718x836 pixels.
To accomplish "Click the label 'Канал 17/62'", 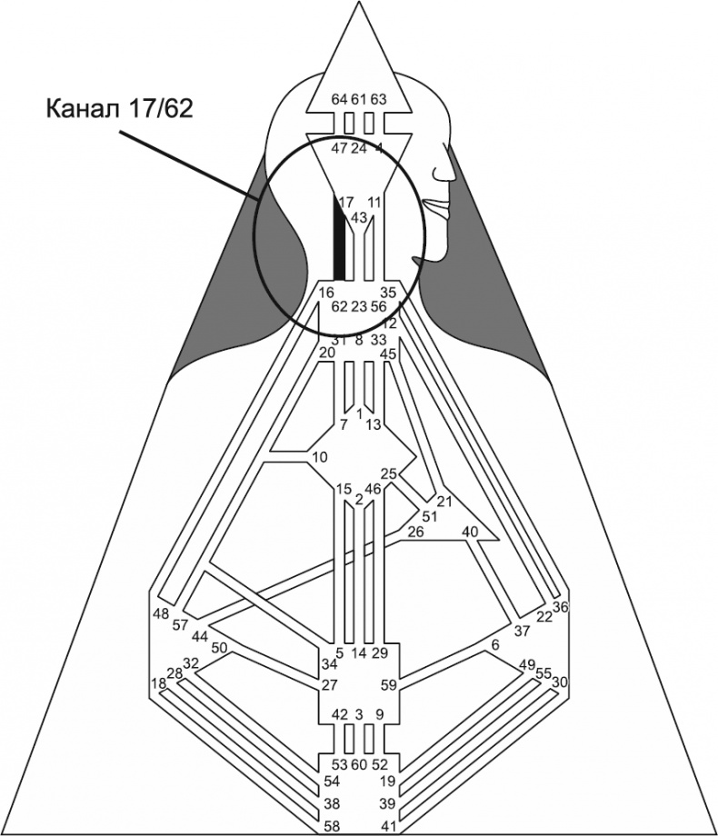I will click(x=119, y=109).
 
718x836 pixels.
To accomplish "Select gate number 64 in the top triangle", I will click(x=339, y=99).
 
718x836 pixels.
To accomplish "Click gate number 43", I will click(x=358, y=218).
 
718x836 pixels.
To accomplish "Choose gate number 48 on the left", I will click(x=162, y=613).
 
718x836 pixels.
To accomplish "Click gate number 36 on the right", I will click(x=560, y=607).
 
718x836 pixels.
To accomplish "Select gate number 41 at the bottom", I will click(x=388, y=826).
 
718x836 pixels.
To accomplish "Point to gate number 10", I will click(x=319, y=457).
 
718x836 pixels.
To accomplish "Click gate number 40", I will click(x=470, y=532).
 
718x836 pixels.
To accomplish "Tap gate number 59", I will click(x=388, y=685).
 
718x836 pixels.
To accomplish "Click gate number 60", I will click(x=359, y=764).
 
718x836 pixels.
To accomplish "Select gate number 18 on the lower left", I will click(x=158, y=683).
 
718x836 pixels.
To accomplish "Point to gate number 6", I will click(x=495, y=644).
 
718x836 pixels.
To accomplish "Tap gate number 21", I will click(x=444, y=501).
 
